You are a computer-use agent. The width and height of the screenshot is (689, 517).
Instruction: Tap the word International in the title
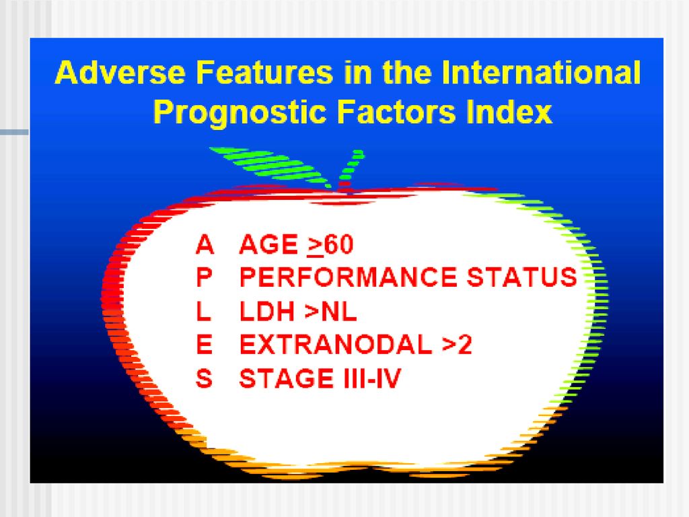(x=541, y=72)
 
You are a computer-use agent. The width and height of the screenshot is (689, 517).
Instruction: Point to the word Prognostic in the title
(x=240, y=112)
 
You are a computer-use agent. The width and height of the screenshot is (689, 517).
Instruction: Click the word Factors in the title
(x=396, y=112)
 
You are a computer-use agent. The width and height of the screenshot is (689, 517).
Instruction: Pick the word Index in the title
(x=509, y=112)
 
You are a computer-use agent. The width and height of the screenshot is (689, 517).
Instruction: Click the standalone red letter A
(x=205, y=244)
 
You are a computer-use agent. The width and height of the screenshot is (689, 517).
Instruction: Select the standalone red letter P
(x=204, y=277)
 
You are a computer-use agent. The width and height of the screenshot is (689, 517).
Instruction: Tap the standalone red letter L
(x=203, y=311)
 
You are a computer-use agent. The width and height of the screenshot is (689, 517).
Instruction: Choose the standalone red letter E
(x=204, y=344)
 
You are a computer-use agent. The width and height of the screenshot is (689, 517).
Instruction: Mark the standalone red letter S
(x=204, y=378)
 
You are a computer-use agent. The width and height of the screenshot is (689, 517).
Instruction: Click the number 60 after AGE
(x=339, y=244)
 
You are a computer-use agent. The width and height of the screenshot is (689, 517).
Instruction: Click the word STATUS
(x=521, y=277)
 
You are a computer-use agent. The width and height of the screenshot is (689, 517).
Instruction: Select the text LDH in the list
(x=266, y=311)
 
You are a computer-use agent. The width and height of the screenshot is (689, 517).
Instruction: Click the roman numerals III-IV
(x=372, y=378)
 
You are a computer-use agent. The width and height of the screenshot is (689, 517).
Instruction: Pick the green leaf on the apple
(x=270, y=165)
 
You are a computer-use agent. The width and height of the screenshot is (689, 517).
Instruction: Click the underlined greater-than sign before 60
(x=316, y=246)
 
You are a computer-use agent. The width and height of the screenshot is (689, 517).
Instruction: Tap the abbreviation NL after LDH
(x=339, y=311)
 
